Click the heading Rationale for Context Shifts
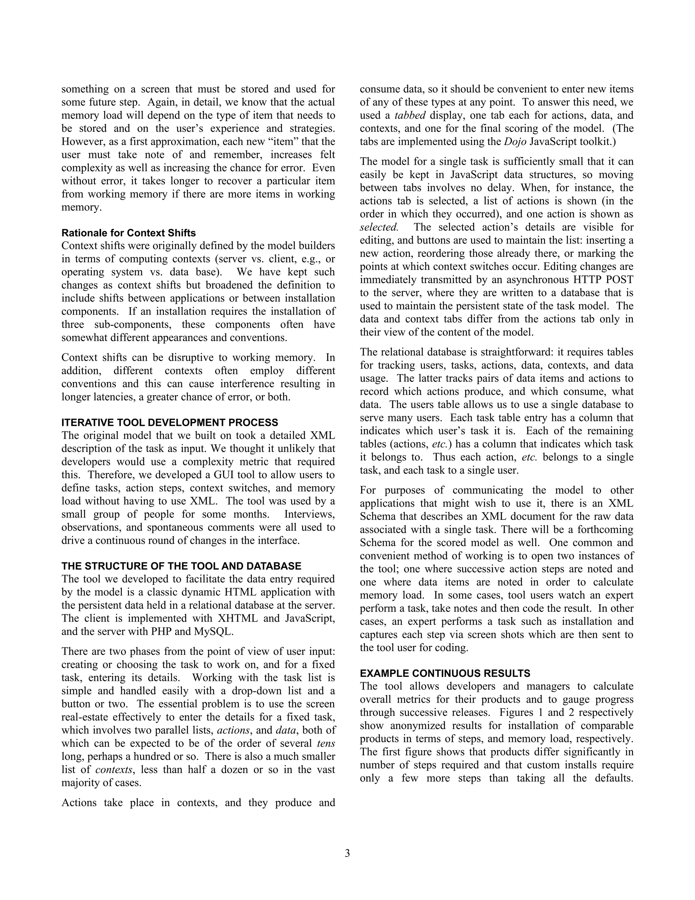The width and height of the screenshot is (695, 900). click(x=129, y=233)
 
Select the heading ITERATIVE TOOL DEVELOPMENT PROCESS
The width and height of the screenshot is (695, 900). click(x=170, y=422)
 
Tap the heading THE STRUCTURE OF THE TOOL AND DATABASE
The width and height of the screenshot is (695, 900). click(x=181, y=566)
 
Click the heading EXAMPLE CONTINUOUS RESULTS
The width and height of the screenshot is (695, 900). click(x=445, y=673)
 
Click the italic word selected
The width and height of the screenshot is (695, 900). click(x=379, y=228)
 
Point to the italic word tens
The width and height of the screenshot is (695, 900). click(x=326, y=743)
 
